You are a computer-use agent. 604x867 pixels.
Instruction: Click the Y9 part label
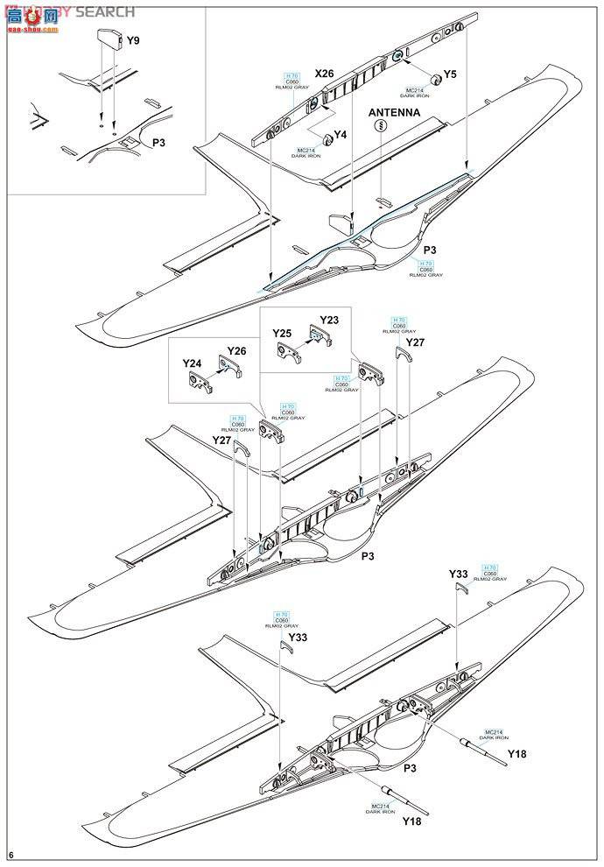pos(132,40)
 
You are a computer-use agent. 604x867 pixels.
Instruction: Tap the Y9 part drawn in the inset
pos(108,40)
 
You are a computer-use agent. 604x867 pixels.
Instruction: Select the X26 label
pos(299,74)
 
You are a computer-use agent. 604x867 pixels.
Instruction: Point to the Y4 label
pos(341,135)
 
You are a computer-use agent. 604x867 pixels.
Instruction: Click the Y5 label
pos(450,74)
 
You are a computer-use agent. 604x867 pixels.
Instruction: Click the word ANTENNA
pos(394,113)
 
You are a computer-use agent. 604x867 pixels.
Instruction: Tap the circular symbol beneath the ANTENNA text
pos(382,127)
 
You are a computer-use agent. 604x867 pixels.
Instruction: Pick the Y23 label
pos(329,320)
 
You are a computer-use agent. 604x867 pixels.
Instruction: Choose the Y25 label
pos(281,334)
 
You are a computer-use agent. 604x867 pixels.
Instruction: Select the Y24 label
pos(192,363)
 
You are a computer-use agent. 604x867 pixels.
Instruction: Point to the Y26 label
pos(236,351)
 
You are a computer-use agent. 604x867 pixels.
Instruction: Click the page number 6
pos(11,855)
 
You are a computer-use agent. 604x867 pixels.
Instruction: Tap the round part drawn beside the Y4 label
pos(327,137)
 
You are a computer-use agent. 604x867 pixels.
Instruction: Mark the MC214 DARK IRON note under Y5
pos(414,93)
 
